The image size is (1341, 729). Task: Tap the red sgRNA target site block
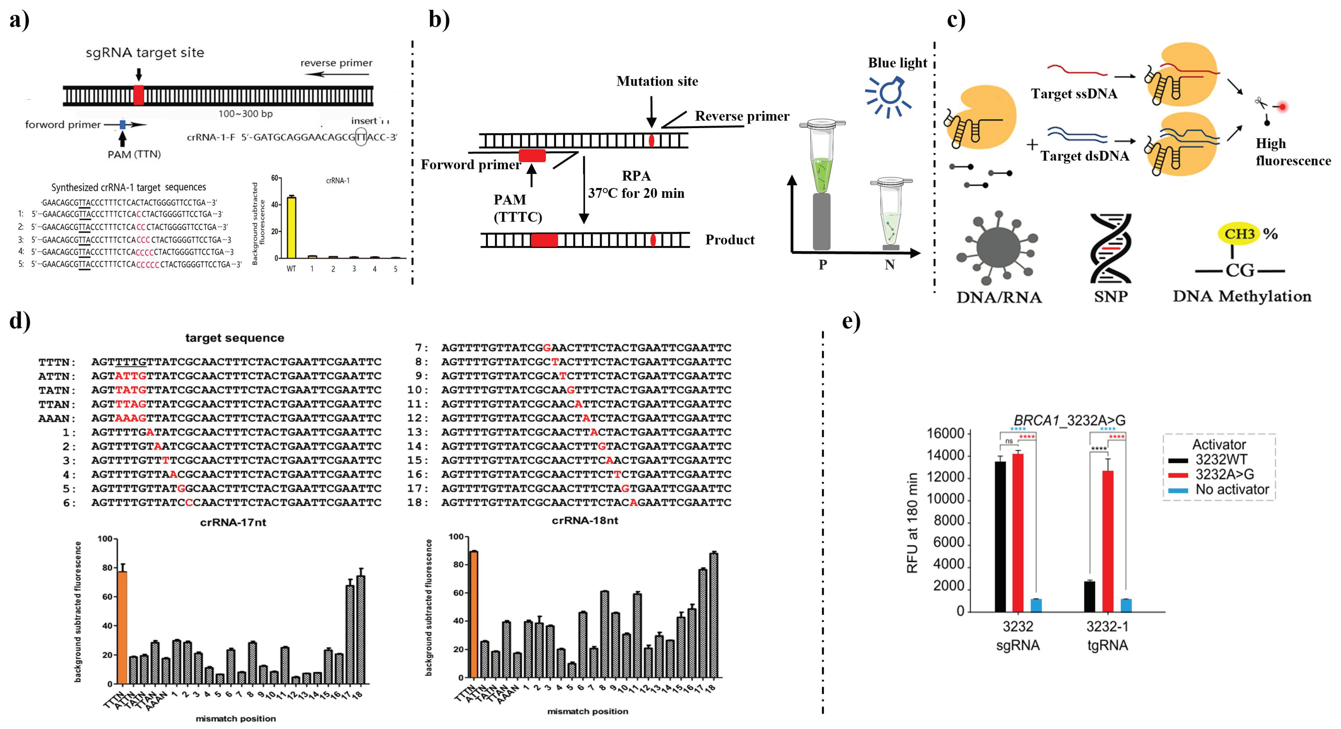coord(139,95)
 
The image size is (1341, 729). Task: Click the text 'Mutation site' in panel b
coord(657,81)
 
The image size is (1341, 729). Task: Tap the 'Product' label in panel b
coord(729,240)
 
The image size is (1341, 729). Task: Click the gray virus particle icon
coord(998,248)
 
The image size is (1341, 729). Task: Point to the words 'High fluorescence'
coord(1293,152)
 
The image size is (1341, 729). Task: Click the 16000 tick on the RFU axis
coord(945,433)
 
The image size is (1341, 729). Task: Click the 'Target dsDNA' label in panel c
coord(1085,156)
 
